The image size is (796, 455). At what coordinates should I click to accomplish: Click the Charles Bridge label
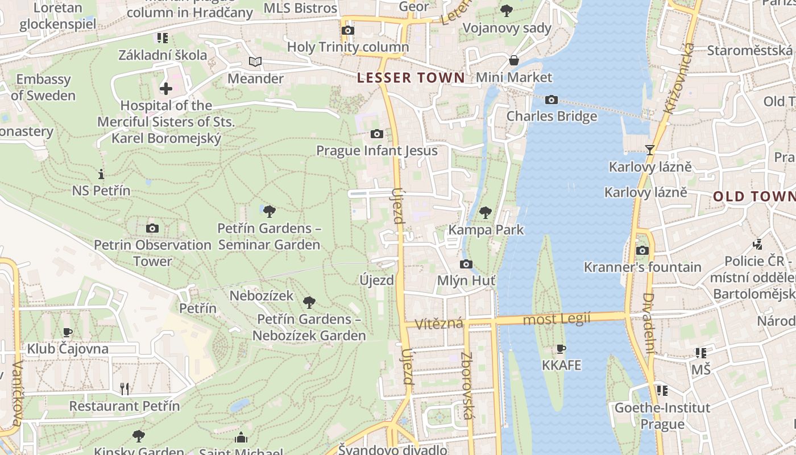tap(552, 116)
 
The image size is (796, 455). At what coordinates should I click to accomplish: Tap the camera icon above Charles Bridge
tap(551, 100)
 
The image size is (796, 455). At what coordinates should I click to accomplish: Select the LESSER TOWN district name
tap(411, 78)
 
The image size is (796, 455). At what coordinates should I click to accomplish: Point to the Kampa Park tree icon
tap(485, 213)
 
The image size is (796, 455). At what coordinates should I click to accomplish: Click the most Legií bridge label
tap(557, 319)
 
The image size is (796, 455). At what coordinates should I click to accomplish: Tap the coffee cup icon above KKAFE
tap(561, 349)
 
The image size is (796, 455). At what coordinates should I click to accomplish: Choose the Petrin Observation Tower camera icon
tap(152, 228)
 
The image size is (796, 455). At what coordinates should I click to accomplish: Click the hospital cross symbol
tap(166, 89)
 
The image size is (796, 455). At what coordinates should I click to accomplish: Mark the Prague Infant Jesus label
tap(377, 151)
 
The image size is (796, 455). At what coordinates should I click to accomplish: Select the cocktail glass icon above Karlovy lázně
tap(650, 150)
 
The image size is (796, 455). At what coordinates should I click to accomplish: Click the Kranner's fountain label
tap(642, 267)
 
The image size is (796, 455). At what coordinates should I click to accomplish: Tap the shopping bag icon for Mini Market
tap(514, 60)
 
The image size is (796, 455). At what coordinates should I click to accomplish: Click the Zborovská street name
tap(467, 386)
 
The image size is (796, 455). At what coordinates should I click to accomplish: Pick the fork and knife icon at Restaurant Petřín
tap(125, 389)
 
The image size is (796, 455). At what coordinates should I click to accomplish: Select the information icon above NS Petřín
tap(101, 174)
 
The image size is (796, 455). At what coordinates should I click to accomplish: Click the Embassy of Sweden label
tap(43, 87)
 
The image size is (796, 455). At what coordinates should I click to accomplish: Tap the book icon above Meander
tap(255, 61)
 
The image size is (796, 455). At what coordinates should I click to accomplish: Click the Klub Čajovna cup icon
tap(68, 332)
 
